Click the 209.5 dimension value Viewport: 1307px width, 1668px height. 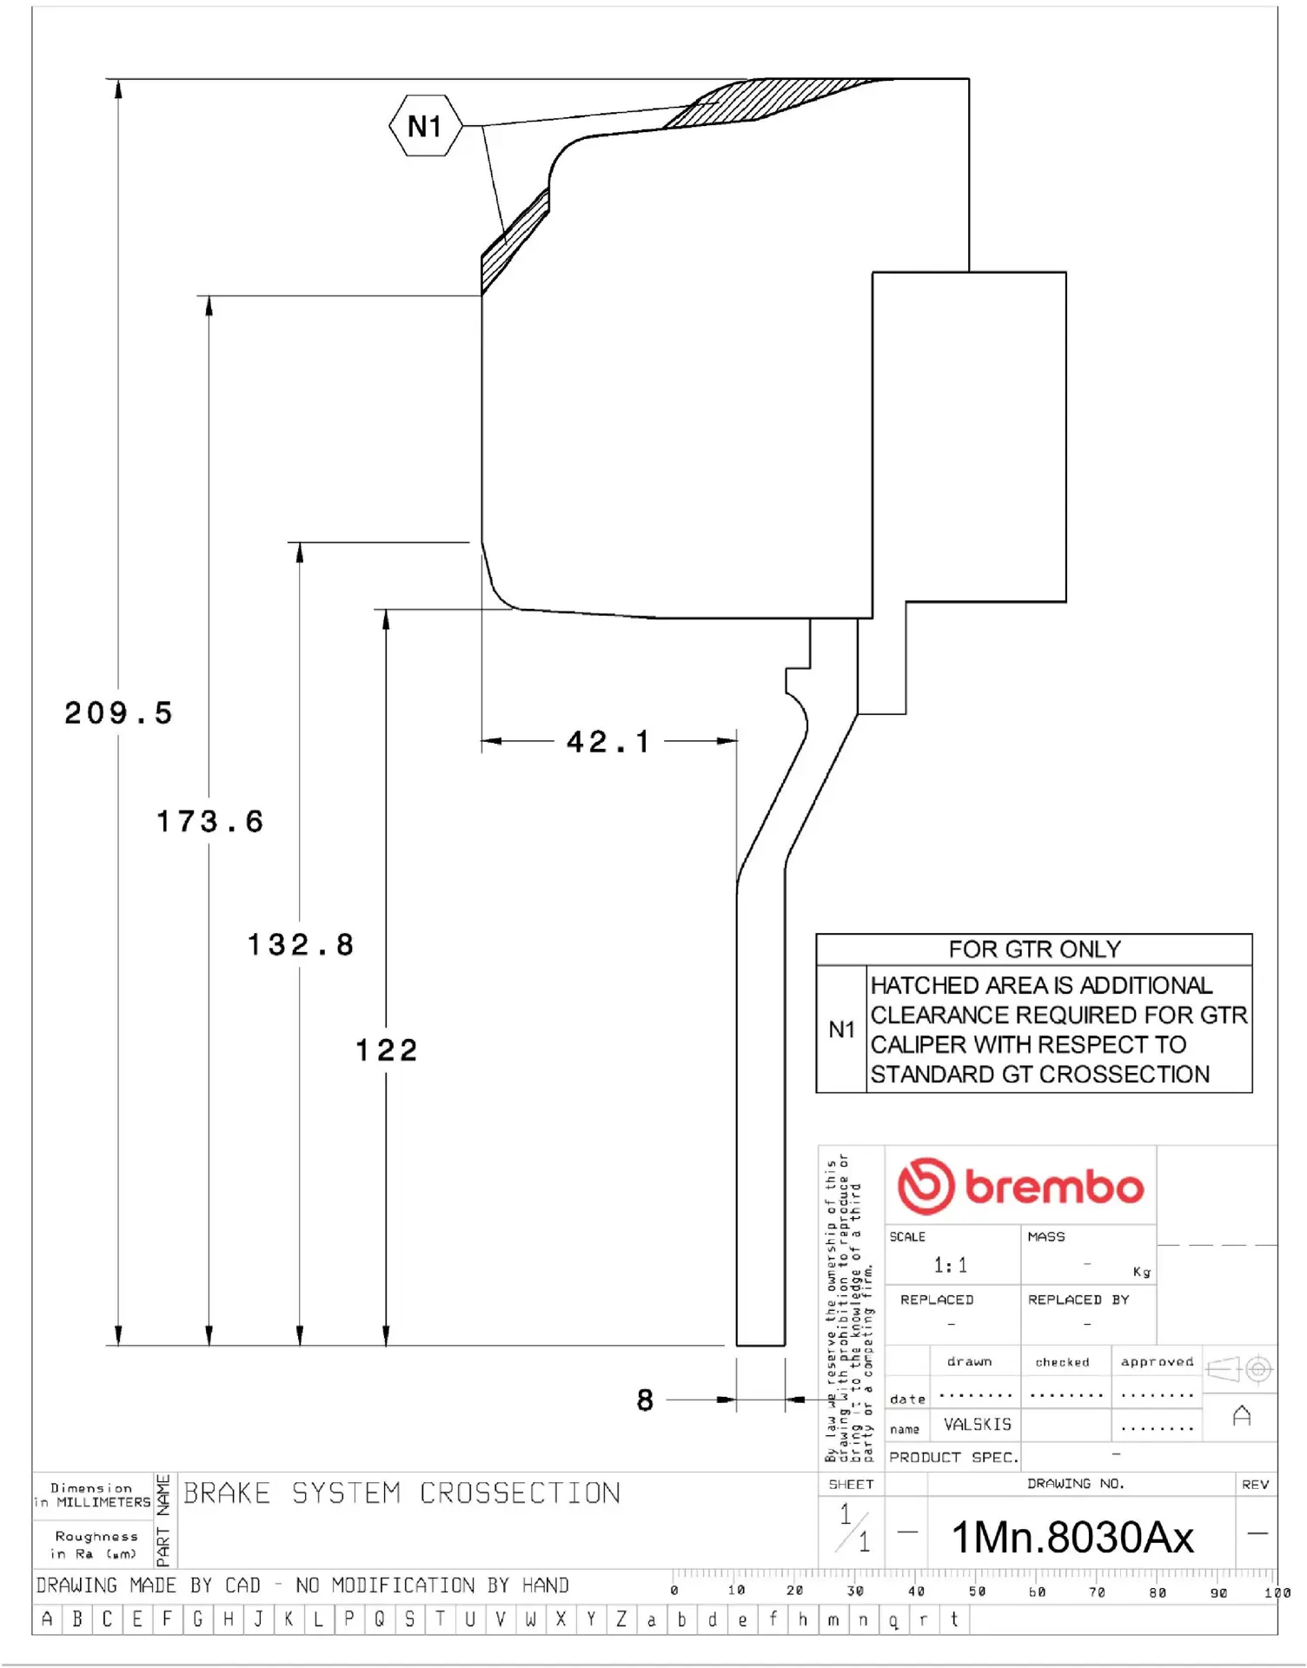(119, 713)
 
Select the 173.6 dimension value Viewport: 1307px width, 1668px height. (210, 821)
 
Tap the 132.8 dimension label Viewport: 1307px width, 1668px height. (302, 944)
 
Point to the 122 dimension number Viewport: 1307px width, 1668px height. (387, 1050)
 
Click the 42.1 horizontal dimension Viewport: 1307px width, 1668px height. (607, 742)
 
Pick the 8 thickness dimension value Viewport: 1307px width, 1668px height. (645, 1400)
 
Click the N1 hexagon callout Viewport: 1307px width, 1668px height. (425, 127)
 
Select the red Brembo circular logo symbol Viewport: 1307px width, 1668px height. (926, 1186)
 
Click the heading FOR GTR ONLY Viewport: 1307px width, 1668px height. (1034, 950)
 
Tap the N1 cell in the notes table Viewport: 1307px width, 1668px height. (841, 1029)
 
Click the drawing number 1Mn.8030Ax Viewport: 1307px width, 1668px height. (1073, 1537)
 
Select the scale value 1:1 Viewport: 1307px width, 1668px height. (950, 1265)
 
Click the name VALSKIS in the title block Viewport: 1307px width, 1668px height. (978, 1425)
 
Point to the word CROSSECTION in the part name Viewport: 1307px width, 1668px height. (520, 1493)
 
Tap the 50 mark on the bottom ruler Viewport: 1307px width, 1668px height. (978, 1592)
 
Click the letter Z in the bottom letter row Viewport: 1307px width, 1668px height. (621, 1619)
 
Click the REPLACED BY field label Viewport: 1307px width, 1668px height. (1078, 1300)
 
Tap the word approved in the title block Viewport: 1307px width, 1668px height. (1157, 1361)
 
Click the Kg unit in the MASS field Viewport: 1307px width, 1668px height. (1142, 1272)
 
